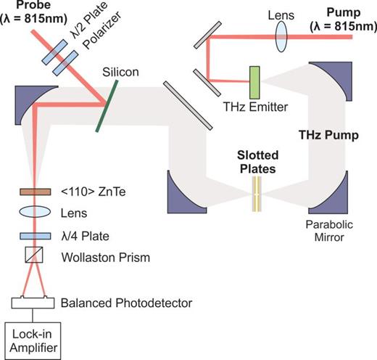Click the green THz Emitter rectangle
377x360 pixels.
[x=254, y=81]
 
